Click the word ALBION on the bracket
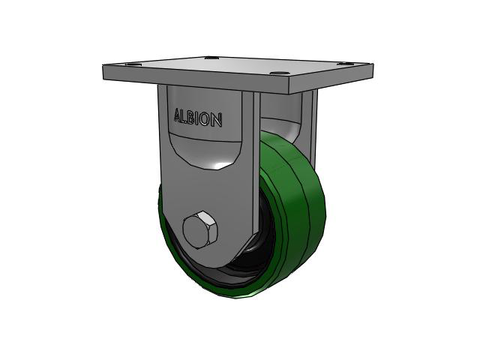[198, 118]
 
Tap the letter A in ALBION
[178, 115]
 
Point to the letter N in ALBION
[216, 120]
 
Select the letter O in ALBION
[205, 118]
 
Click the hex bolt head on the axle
[200, 229]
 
